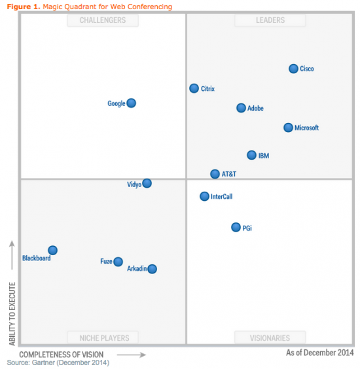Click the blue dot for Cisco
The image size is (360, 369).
click(x=294, y=69)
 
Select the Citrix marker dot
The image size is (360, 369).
click(x=194, y=88)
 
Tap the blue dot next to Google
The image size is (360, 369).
click(x=132, y=103)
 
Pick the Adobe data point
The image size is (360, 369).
click(x=242, y=108)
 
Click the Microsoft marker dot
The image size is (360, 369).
click(x=289, y=128)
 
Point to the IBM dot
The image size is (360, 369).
click(x=252, y=155)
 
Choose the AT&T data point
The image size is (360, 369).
click(x=215, y=174)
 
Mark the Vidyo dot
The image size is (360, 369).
click(x=147, y=184)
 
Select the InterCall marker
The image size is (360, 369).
click(x=205, y=196)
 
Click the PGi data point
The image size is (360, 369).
click(x=236, y=228)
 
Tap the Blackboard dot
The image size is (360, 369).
click(x=53, y=251)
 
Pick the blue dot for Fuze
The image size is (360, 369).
click(x=118, y=262)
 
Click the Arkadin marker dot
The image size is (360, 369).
click(x=153, y=269)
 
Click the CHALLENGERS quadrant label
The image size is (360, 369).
click(x=103, y=20)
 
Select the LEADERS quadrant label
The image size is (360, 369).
click(x=270, y=20)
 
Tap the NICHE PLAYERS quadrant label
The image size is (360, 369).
click(x=104, y=338)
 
